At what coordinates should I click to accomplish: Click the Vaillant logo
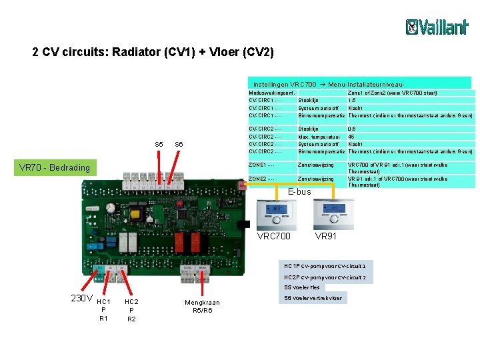point(437,27)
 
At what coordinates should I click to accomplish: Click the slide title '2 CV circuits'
point(153,52)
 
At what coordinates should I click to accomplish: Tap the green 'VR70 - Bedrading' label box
point(55,167)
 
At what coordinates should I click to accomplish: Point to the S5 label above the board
point(159,145)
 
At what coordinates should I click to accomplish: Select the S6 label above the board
point(179,145)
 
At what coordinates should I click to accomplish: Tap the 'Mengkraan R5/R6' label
point(201,306)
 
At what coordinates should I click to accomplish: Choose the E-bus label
point(299,192)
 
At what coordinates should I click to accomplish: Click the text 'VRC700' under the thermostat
point(274,237)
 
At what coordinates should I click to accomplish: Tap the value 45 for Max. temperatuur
point(351,137)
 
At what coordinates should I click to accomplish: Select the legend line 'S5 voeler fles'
point(302,287)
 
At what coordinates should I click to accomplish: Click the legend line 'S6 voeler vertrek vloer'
point(313,298)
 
